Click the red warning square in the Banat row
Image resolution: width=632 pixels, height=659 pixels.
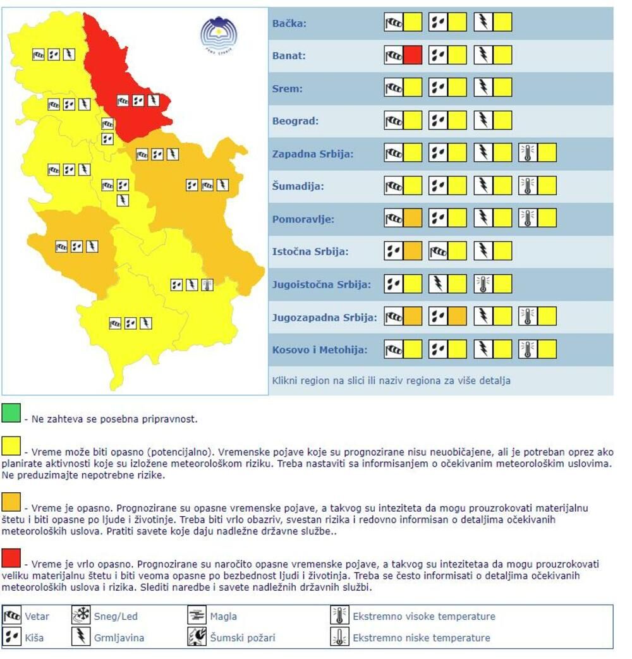click(413, 56)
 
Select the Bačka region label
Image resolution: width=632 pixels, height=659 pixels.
click(289, 23)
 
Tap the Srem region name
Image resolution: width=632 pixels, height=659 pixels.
click(288, 88)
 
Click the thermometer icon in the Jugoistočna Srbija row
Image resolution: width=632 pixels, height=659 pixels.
click(483, 284)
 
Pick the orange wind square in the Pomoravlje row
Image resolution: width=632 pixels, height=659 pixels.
click(413, 219)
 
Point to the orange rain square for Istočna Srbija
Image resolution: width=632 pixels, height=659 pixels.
click(413, 251)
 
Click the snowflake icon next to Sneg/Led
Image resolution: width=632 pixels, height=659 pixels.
click(81, 615)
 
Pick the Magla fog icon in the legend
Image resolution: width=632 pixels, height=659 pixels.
click(197, 615)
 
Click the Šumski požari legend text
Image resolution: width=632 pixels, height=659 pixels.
click(243, 638)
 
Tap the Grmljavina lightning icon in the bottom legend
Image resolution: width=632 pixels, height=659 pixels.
click(81, 637)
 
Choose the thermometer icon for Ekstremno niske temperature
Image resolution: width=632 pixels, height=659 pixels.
click(339, 637)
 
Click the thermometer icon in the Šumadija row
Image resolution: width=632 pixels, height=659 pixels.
click(528, 186)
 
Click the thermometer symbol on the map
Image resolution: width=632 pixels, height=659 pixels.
click(207, 285)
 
